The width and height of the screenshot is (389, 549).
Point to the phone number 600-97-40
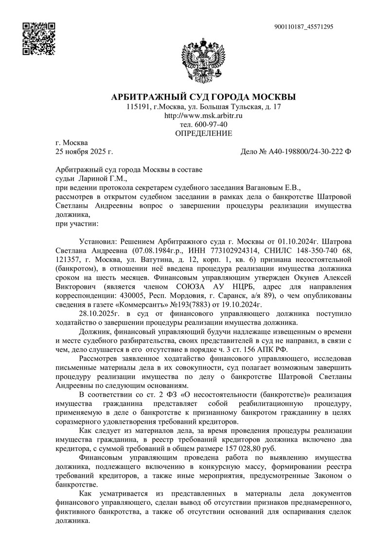coord(210,124)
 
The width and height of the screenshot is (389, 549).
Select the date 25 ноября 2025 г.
coord(84,152)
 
